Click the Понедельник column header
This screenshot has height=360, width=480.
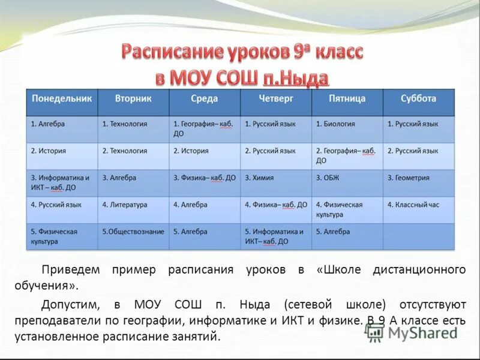point(62,98)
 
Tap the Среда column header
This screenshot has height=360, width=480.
point(205,98)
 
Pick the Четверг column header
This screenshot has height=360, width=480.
point(275,98)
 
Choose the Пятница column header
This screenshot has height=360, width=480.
point(347,98)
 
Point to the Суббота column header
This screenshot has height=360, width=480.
point(418,98)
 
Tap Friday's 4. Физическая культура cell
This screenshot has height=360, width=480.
point(347,209)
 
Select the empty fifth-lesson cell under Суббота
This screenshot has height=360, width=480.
point(418,236)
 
